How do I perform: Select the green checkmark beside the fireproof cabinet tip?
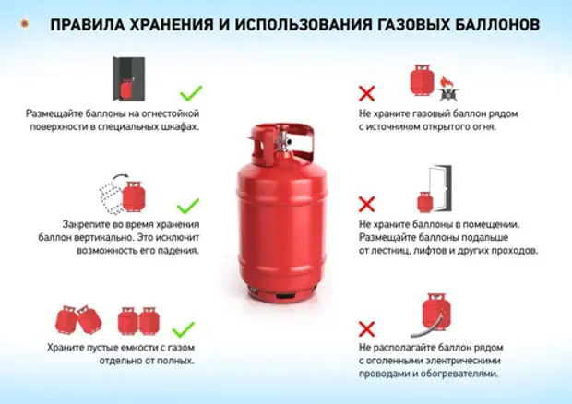(x=190, y=92)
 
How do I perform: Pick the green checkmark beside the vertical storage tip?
(x=187, y=206)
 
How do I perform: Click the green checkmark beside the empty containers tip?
(x=185, y=328)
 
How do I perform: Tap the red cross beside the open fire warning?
(x=366, y=92)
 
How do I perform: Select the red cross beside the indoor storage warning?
(x=366, y=204)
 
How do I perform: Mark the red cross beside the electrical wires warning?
(x=366, y=327)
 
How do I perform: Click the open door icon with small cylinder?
(x=433, y=189)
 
